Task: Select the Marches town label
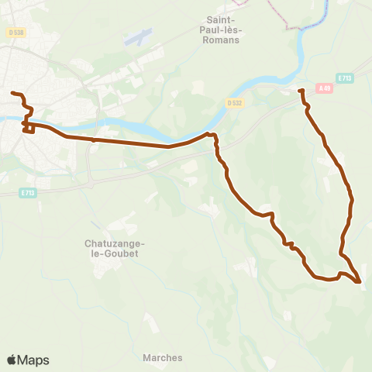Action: pos(163,358)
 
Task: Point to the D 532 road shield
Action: pos(235,102)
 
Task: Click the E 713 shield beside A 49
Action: pos(345,77)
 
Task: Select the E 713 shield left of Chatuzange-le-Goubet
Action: pos(28,193)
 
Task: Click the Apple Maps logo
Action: pos(28,360)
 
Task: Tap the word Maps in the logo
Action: pos(33,360)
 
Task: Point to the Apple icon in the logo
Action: pos(12,360)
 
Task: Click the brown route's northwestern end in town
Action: pos(12,94)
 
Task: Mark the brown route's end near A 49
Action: pos(301,91)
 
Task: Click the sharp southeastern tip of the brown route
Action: pos(360,282)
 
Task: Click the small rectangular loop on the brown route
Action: pos(29,128)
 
